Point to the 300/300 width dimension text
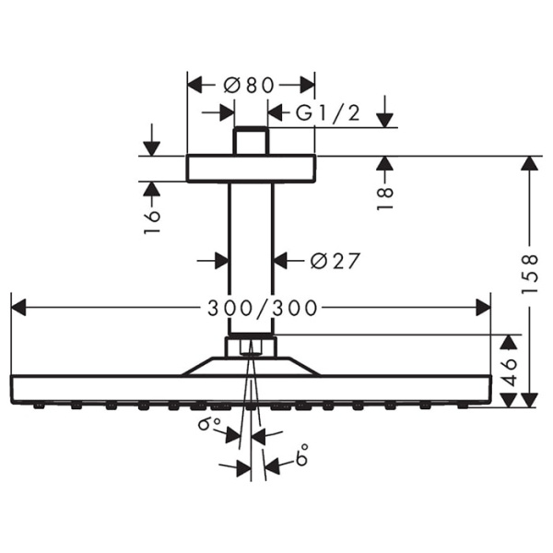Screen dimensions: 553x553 click(x=251, y=308)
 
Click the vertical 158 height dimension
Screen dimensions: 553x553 click(x=529, y=275)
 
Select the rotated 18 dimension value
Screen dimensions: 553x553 click(x=385, y=197)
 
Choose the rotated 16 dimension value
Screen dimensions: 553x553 click(x=152, y=219)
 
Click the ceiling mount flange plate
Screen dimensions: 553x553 click(x=251, y=169)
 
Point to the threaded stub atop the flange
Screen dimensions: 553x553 click(x=251, y=141)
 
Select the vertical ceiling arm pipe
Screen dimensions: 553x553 click(x=251, y=258)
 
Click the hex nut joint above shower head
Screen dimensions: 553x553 click(x=251, y=347)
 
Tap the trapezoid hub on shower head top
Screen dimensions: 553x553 click(x=251, y=366)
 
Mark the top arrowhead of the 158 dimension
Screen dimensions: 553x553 click(x=529, y=163)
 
